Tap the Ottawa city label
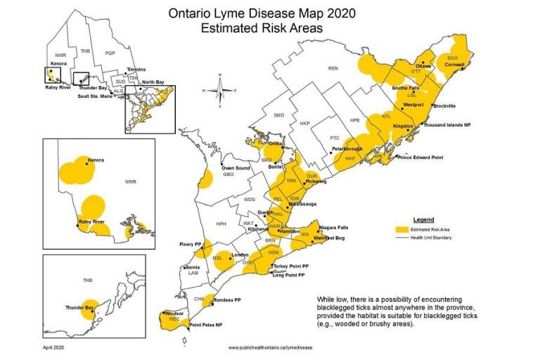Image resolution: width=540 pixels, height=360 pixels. (x=424, y=65)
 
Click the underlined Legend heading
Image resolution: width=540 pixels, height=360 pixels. (x=423, y=220)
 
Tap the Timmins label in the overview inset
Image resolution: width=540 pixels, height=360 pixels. (x=136, y=70)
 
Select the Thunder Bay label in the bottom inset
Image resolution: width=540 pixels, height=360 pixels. (x=79, y=307)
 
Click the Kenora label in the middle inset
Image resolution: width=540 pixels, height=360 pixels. (x=95, y=160)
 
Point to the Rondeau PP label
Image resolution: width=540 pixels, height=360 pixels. (x=231, y=299)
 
